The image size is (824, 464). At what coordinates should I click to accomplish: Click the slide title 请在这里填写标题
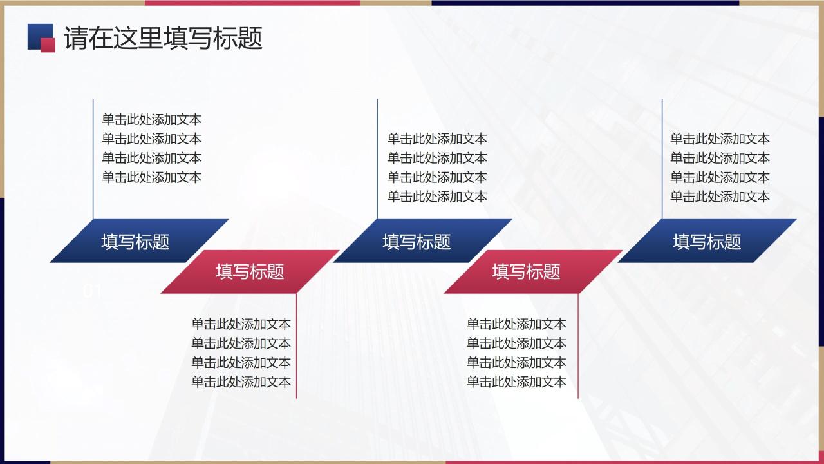tap(164, 38)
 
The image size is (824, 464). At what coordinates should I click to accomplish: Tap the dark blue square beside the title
tap(37, 34)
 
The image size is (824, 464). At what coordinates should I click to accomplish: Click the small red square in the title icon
tap(48, 44)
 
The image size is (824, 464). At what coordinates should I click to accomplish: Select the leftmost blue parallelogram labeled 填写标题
tap(136, 241)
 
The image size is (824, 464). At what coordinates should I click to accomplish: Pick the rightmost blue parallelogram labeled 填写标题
tap(707, 241)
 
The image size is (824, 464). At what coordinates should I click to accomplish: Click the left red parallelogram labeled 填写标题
tap(250, 271)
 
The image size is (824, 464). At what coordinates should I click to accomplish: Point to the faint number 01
tap(93, 291)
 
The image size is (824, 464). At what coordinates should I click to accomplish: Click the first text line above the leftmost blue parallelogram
tap(151, 119)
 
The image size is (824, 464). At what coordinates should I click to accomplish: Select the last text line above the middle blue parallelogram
tap(437, 197)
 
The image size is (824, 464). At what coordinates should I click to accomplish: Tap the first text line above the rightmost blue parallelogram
tap(720, 139)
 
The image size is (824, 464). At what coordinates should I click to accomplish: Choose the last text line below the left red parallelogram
tap(241, 382)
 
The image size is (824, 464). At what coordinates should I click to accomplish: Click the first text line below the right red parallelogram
tap(516, 324)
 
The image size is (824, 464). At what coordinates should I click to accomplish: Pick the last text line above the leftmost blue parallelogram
tap(151, 177)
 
